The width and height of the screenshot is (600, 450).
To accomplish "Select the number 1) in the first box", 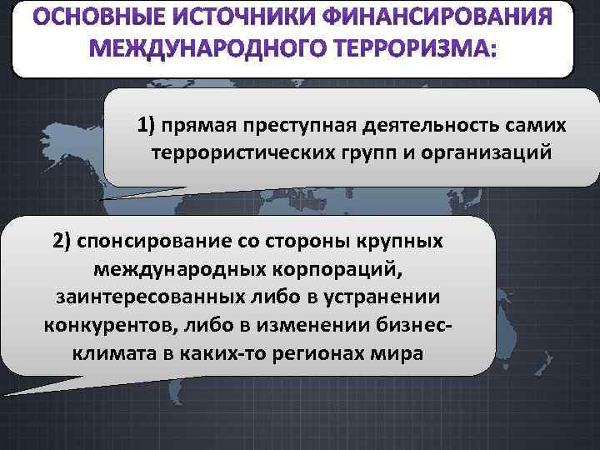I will coord(147,125).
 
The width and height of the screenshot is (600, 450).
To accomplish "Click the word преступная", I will coord(294,125).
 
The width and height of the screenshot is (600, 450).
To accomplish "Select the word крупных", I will coord(399,241).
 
